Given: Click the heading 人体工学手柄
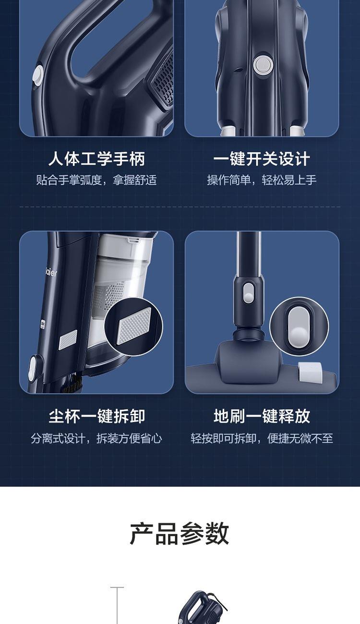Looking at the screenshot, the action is [96, 159].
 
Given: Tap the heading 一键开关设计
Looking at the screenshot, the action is [262, 159].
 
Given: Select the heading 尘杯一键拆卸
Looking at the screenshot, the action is [96, 417].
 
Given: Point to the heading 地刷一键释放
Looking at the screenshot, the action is [262, 417].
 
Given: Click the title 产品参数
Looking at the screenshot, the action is [180, 534].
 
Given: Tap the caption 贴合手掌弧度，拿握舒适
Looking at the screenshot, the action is [96, 180].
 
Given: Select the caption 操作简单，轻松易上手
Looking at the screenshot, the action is [262, 180].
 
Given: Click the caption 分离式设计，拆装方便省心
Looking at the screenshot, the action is [96, 438].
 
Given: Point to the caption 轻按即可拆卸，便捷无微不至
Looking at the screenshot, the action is [262, 438].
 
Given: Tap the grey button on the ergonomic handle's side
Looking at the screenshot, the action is [38, 76].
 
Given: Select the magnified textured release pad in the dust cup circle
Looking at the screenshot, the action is [134, 325].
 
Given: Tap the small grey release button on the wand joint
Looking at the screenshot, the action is [248, 293].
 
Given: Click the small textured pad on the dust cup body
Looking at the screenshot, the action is [68, 339].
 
